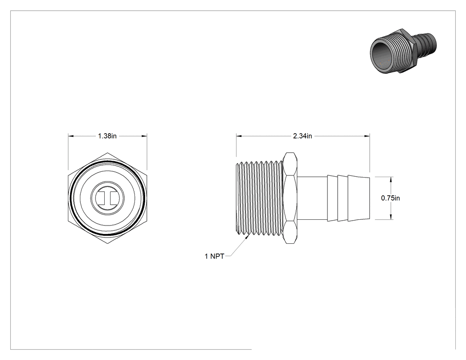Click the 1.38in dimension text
[107, 136]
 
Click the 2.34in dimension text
[303, 136]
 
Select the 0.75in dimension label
[391, 198]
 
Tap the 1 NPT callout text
[214, 256]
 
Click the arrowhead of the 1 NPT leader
[248, 237]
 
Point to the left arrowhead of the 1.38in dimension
[71, 136]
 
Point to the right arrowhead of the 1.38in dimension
[144, 136]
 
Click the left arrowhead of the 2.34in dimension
[239, 136]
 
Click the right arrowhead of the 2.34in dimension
[367, 136]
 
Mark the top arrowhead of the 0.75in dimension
[391, 179]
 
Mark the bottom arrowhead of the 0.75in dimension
[391, 217]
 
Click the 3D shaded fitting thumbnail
[403, 51]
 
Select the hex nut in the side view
[290, 198]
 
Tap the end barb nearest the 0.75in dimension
[359, 198]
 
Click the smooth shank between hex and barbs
[312, 198]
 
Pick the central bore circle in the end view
[107, 198]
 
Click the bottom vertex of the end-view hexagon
[107, 243]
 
